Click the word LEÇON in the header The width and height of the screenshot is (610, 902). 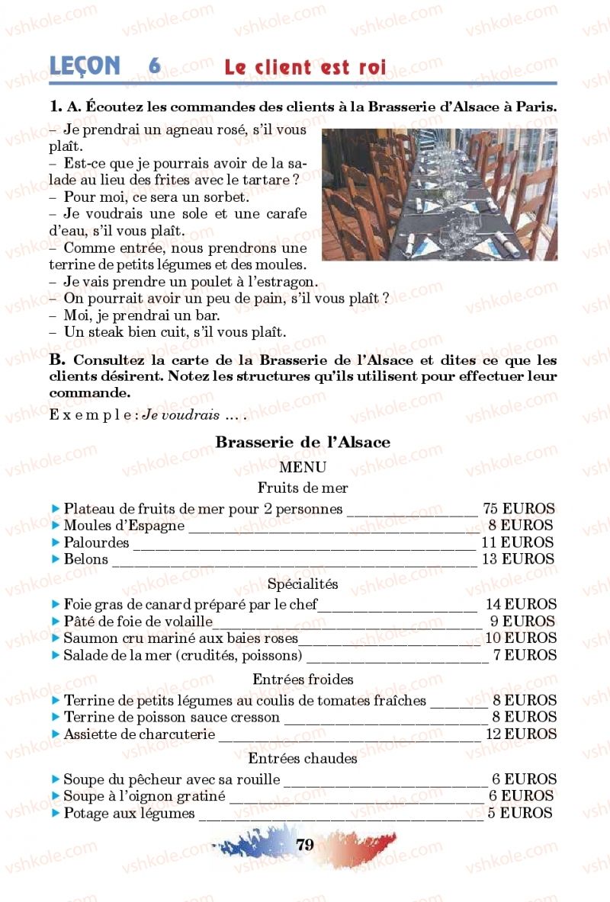coord(85,66)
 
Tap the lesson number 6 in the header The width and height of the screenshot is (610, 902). coord(154,66)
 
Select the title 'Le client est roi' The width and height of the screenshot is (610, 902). coord(305,67)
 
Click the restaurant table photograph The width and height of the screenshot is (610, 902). coord(439,194)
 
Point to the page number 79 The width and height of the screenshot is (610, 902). coord(304,844)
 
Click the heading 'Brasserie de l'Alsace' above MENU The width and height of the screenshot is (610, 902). coord(303,443)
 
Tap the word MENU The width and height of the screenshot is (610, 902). coord(303,467)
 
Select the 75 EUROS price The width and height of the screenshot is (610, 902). coord(518,509)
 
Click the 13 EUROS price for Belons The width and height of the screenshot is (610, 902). coord(518,558)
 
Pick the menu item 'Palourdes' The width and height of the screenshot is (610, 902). coord(96,542)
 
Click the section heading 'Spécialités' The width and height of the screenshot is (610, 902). coord(303,584)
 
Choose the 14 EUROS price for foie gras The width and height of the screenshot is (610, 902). coord(521,605)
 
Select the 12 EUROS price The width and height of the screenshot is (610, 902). coord(521,734)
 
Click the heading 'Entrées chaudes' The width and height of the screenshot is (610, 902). coord(303,758)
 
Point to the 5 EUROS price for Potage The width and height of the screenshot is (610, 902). coord(520,813)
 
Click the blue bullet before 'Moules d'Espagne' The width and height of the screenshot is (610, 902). coord(55,526)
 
